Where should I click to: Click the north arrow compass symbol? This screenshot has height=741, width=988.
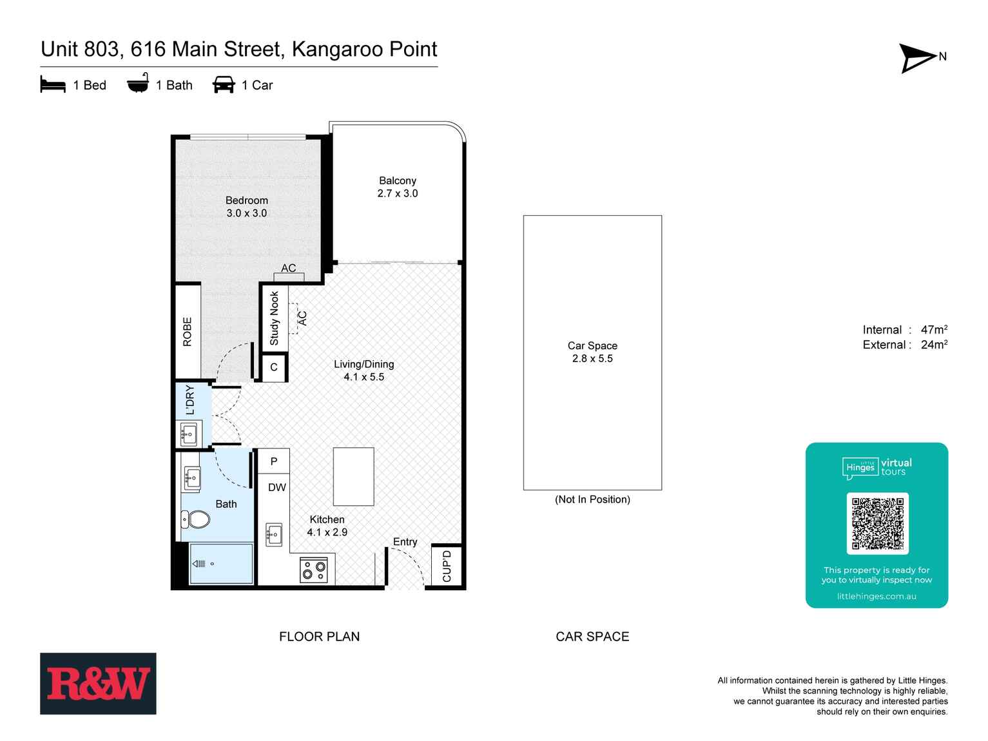pos(917,58)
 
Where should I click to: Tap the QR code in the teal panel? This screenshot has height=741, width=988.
pos(877,523)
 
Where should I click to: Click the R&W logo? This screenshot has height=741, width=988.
pos(98,684)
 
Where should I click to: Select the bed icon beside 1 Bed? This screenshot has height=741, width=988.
pos(53,85)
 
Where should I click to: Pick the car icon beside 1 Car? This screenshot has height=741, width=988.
pos(224,85)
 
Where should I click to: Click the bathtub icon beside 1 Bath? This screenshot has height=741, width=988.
pos(138,84)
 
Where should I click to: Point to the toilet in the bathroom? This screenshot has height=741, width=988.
pos(195,519)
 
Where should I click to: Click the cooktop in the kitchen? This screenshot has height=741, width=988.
pos(314,570)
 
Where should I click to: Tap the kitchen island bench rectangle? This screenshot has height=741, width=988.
pos(353,477)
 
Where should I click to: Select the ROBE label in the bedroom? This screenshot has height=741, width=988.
pos(188,331)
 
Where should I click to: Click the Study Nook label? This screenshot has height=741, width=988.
pos(274,318)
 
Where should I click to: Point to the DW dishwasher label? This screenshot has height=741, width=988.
pos(277,488)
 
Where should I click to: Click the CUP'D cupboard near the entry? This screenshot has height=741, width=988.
pos(447,565)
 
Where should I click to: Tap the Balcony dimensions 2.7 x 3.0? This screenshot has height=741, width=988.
pos(397,193)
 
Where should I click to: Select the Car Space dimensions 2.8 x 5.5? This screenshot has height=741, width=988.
pos(592,359)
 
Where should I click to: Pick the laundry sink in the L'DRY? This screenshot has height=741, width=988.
pos(189,434)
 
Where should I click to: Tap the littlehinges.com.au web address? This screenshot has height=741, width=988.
pos(877,596)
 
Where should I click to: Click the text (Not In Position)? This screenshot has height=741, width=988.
pos(592,499)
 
